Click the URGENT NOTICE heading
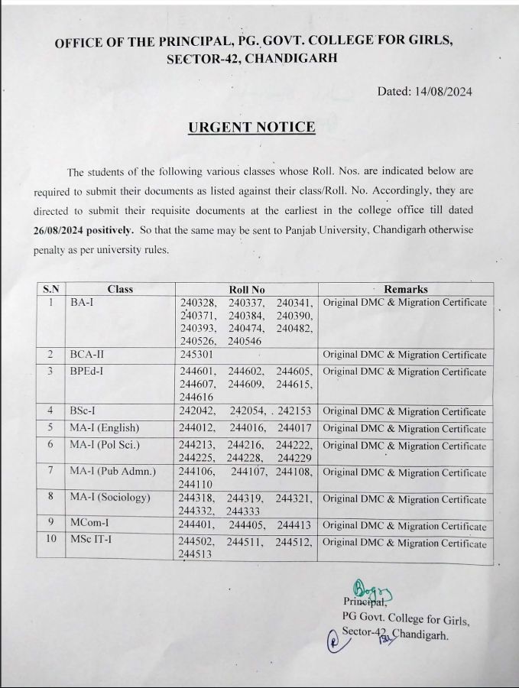251,128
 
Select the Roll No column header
247,289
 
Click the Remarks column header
405,289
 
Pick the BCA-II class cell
87,355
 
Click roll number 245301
196,355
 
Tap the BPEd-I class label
88,372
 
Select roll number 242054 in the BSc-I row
248,412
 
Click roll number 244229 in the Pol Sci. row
295,458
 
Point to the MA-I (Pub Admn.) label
112,471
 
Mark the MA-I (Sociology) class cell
110,498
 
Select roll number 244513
196,556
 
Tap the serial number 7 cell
50,471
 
